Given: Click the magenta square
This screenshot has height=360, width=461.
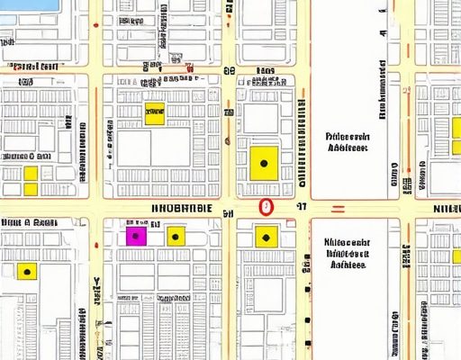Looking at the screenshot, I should click(135, 237).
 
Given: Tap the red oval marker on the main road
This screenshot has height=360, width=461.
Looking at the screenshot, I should click(265, 206).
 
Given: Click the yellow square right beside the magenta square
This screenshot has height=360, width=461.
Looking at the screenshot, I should click(176, 237).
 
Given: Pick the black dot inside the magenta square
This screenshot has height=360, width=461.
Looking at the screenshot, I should click(135, 238).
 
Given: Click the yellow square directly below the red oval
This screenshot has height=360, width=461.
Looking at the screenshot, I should click(266, 237).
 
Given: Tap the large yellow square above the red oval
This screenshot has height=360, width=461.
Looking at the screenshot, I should click(264, 162).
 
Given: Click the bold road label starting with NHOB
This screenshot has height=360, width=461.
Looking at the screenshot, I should click(181, 207).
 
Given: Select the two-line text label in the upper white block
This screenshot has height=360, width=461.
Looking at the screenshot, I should click(348, 141).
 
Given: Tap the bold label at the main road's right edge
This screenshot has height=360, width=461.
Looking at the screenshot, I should click(447, 209).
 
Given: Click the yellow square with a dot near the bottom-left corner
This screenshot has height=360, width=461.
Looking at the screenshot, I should click(27, 271).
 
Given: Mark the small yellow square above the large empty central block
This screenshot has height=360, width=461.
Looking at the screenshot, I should click(155, 114).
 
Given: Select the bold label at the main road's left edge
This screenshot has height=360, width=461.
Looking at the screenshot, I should click(27, 221).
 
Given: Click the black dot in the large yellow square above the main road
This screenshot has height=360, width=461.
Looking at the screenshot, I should click(264, 164).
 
